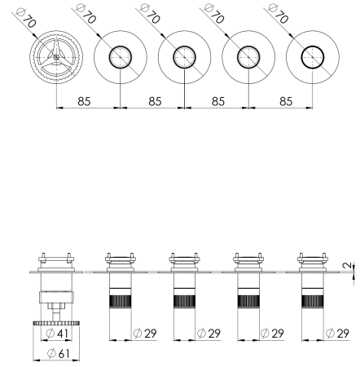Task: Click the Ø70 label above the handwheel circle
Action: [25, 17]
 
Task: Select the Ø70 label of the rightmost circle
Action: [279, 16]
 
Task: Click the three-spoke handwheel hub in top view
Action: [56, 57]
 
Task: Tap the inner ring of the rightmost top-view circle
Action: [312, 57]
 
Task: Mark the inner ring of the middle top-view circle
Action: [184, 57]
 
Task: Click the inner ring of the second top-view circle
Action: [120, 57]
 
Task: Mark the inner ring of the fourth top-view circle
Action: [248, 57]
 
